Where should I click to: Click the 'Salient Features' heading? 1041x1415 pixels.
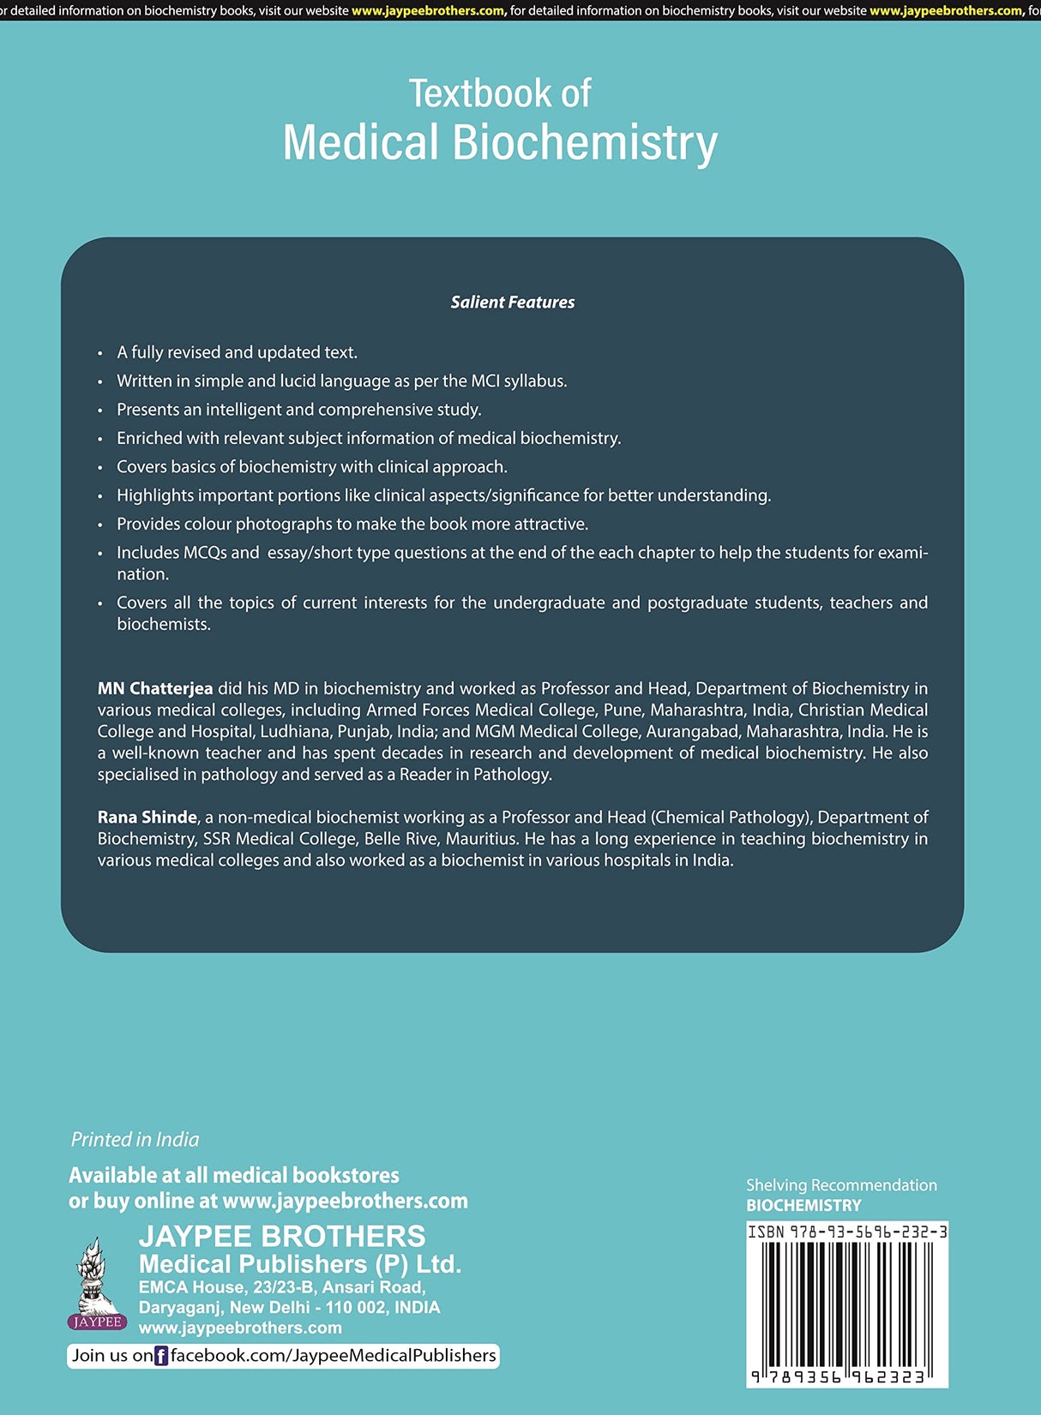pyautogui.click(x=513, y=302)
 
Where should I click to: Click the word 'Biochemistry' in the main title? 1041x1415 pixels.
pyautogui.click(x=585, y=142)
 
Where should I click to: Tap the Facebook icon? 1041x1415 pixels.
pyautogui.click(x=161, y=1356)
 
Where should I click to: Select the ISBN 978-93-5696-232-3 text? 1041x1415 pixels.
pyautogui.click(x=847, y=1232)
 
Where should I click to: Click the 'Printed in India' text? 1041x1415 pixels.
pyautogui.click(x=135, y=1139)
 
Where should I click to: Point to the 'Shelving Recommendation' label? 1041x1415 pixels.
pyautogui.click(x=841, y=1185)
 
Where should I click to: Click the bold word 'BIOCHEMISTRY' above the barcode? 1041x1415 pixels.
pyautogui.click(x=803, y=1205)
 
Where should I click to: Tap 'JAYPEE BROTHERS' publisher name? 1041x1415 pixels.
pyautogui.click(x=282, y=1236)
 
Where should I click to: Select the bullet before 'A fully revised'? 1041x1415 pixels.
pyautogui.click(x=100, y=353)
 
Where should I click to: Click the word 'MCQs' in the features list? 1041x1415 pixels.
pyautogui.click(x=205, y=553)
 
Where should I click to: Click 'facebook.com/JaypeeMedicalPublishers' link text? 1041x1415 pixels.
pyautogui.click(x=333, y=1355)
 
